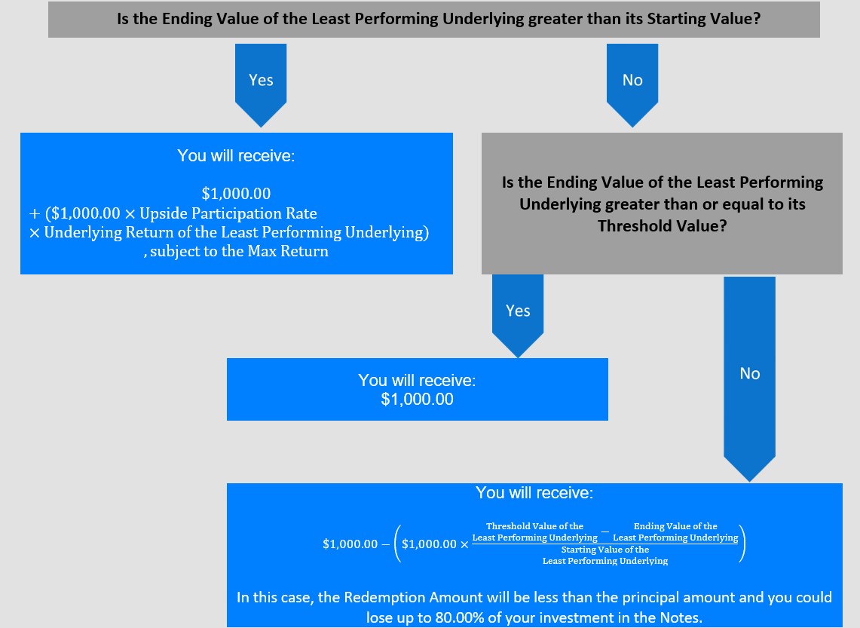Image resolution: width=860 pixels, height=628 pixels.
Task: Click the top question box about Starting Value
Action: click(434, 19)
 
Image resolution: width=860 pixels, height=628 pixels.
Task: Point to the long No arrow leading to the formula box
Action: click(749, 378)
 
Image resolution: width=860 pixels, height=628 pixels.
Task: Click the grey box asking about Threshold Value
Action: click(662, 204)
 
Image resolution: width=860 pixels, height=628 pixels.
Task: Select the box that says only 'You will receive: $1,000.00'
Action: click(418, 390)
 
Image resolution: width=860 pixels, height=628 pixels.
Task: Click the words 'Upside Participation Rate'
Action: click(228, 213)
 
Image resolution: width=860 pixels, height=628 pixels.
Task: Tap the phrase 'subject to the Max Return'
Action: click(239, 251)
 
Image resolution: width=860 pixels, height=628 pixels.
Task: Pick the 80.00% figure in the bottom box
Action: click(460, 617)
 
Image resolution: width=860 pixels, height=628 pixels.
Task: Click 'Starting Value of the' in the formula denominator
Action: click(605, 550)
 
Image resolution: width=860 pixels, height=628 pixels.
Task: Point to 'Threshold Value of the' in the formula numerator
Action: click(534, 526)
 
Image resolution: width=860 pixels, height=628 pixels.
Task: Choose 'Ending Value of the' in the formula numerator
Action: click(675, 526)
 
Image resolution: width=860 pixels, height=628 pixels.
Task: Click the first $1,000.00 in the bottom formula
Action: click(350, 544)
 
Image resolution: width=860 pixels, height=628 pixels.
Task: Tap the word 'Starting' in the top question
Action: click(673, 19)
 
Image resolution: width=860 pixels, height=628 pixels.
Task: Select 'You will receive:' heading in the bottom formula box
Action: click(534, 492)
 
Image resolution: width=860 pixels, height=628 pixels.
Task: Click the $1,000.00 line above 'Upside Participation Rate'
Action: click(237, 194)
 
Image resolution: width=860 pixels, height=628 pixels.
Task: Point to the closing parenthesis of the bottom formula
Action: click(742, 544)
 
